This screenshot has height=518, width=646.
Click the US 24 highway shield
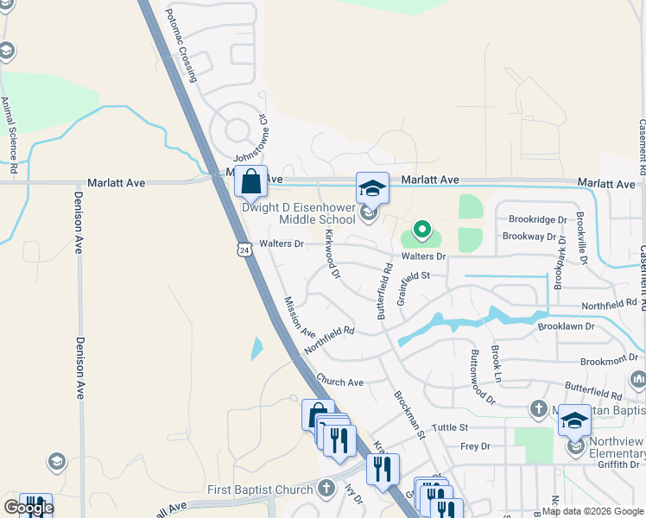[244, 249]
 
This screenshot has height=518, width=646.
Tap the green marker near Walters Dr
[421, 230]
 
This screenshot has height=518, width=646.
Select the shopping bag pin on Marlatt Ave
[250, 182]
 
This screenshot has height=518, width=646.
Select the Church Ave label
[339, 382]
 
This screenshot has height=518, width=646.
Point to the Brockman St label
[409, 415]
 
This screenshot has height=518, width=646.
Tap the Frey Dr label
[475, 446]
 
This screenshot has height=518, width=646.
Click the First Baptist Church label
[260, 490]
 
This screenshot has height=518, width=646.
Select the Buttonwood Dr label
[482, 377]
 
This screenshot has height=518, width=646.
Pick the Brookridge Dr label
[537, 220]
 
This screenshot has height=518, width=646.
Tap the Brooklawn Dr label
[567, 327]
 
